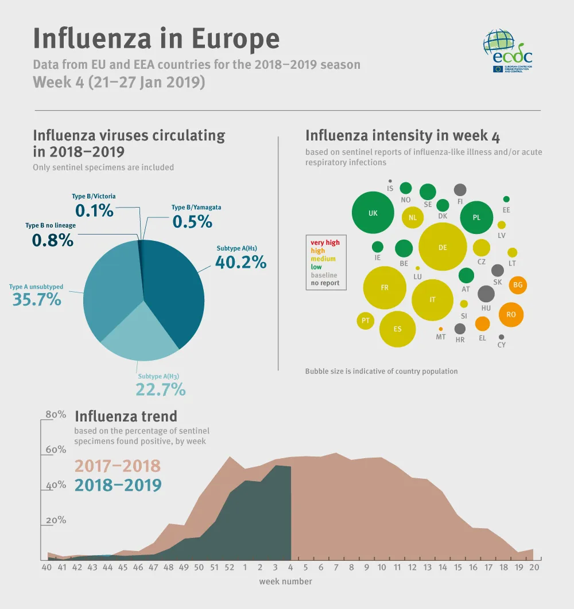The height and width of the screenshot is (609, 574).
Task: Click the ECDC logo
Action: pos(508,52)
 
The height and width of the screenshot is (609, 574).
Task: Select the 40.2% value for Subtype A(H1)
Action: pos(241,262)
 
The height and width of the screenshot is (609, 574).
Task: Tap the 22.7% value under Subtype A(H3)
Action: pos(161,389)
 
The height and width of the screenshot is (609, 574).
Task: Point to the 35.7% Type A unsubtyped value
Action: pos(37,299)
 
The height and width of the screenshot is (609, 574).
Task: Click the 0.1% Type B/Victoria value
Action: pos(95,210)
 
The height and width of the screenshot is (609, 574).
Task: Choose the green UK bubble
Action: pos(373,213)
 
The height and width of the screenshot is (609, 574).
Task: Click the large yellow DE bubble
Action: pos(443,247)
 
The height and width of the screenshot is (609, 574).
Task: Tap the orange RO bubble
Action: pos(511,314)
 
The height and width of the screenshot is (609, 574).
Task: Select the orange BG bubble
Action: pos(518,285)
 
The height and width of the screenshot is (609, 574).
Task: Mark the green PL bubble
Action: pos(476,218)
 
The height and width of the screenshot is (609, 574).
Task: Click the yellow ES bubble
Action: pos(397,329)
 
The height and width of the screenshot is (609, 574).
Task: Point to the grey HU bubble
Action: pos(486,294)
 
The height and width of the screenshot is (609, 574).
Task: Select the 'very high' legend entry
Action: pos(325,243)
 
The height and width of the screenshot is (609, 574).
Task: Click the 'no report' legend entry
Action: pos(325,283)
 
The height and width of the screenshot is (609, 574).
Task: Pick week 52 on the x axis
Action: pos(230,568)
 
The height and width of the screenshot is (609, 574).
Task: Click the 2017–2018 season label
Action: pos(118,466)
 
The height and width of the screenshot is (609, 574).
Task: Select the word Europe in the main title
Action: pos(235,38)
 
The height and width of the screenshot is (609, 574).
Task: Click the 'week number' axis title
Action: pos(285,581)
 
